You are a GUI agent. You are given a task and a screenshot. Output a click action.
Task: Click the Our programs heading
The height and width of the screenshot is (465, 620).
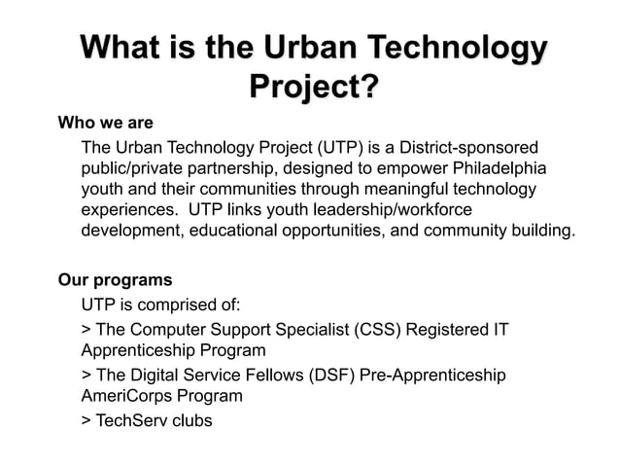116,280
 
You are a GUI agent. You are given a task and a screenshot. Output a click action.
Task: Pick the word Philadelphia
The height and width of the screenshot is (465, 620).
502,168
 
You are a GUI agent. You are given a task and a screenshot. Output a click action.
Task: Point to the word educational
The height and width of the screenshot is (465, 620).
233,231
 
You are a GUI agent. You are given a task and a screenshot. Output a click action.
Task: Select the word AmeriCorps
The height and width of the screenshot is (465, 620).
127,396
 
